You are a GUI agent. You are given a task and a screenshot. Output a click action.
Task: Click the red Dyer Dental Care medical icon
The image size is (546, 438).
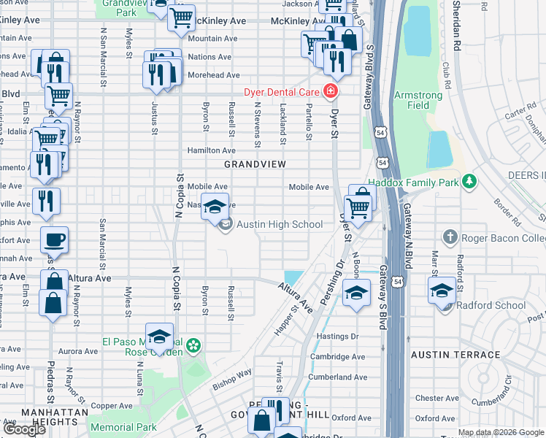point(331,91)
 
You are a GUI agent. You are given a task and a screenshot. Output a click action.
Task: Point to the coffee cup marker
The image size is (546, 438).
point(53,239)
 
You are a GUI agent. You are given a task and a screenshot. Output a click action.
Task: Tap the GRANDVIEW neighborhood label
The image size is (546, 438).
point(255,164)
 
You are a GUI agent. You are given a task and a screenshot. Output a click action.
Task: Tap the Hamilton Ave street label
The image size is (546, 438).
point(211,150)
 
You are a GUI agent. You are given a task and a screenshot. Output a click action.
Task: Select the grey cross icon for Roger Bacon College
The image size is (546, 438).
point(450,237)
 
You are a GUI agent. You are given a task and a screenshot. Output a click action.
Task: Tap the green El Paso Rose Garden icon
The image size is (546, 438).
point(193,345)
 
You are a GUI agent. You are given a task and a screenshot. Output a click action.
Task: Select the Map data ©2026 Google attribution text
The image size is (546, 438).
point(501,432)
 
